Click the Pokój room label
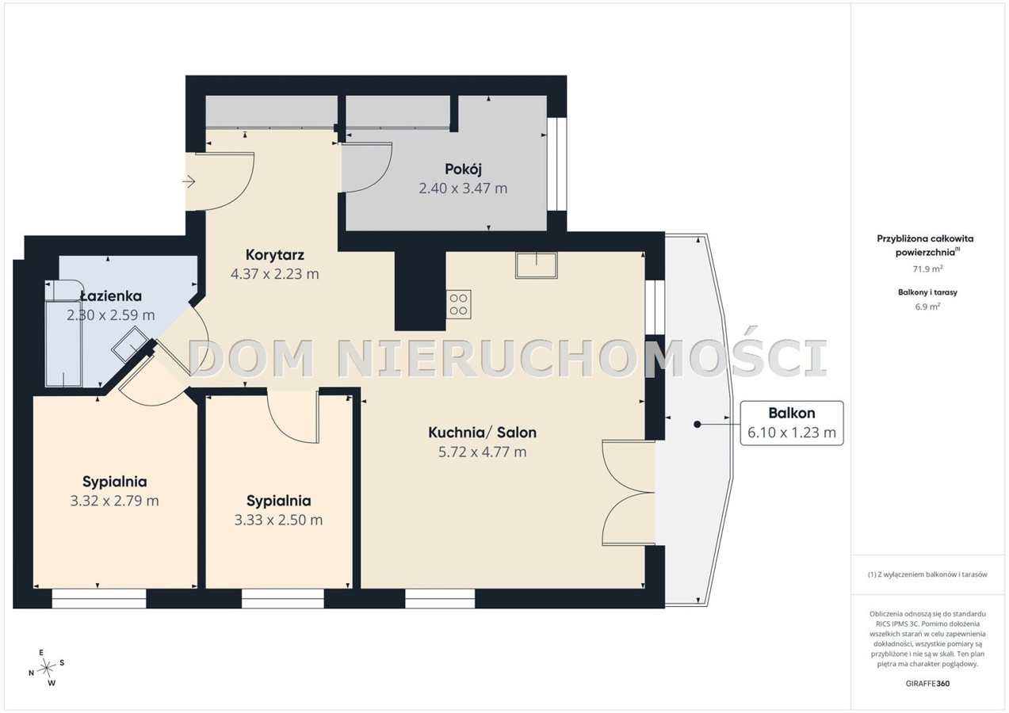[463, 170]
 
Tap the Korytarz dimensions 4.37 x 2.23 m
[275, 273]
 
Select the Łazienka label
[111, 295]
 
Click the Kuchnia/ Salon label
[482, 433]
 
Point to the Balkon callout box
[792, 423]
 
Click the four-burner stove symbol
[459, 304]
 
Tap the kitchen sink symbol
[537, 265]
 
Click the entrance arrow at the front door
[189, 182]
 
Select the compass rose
[47, 668]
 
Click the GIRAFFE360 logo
[927, 683]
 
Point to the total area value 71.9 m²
[927, 269]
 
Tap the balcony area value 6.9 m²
[927, 307]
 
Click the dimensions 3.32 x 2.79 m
[114, 501]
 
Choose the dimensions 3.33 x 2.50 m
[278, 520]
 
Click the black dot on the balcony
[697, 425]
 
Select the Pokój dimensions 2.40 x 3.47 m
[463, 189]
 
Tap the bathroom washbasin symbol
[131, 344]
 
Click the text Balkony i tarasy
[927, 292]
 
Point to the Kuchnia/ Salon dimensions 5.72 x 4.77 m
[483, 452]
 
